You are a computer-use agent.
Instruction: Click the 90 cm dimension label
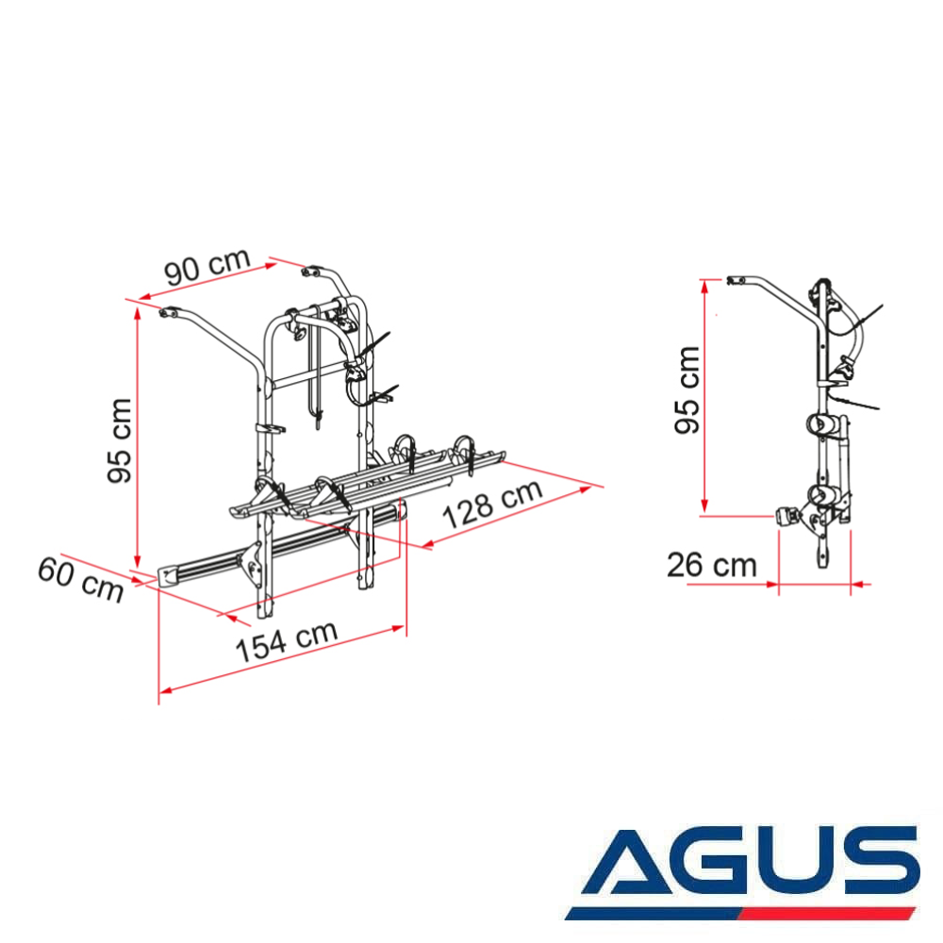207,266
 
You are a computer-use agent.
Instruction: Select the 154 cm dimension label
287,640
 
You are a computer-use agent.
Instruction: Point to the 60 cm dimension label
80,580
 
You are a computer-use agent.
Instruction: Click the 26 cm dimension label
712,566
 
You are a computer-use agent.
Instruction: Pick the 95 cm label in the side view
687,389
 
